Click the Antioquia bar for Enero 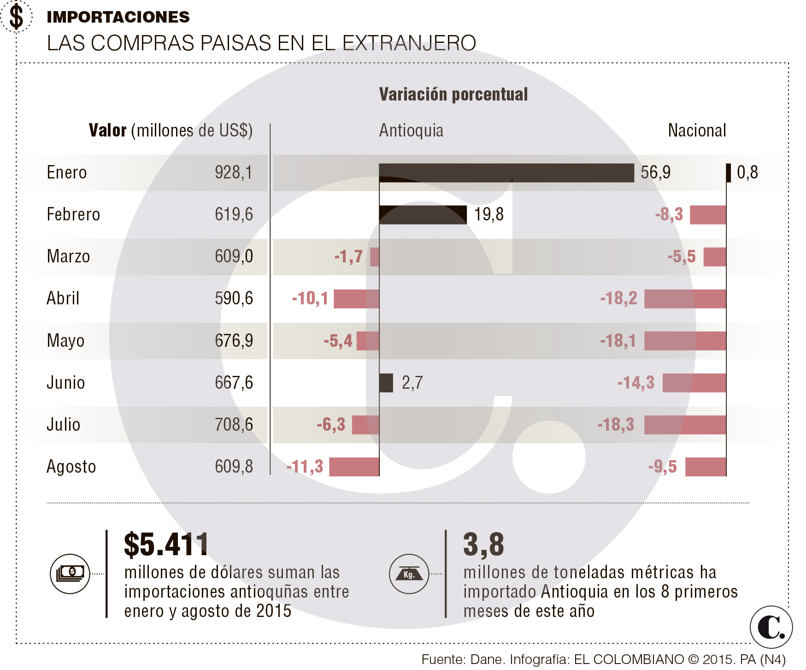tap(506, 173)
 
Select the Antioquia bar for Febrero tap(423, 215)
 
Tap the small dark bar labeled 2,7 tap(386, 383)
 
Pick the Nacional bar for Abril tap(685, 299)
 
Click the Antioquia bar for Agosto tap(354, 467)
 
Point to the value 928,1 tap(234, 172)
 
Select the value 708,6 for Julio tap(234, 425)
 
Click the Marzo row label tap(68, 256)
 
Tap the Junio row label tap(65, 383)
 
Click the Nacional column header tap(697, 130)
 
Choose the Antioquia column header tap(411, 130)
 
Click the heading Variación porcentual tap(453, 95)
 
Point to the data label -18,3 tap(616, 425)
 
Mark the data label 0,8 tap(747, 172)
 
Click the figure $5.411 tap(166, 545)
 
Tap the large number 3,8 tap(483, 545)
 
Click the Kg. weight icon tap(409, 574)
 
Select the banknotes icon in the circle tap(70, 574)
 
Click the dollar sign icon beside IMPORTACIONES tap(17, 17)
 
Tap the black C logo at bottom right tap(771, 628)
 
